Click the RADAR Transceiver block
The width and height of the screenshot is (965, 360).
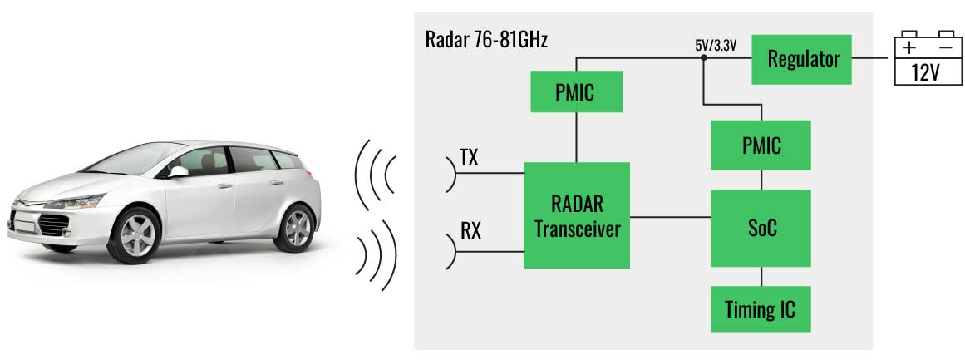tap(576, 215)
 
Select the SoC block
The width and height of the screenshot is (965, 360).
tap(761, 227)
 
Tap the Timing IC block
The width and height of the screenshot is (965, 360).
tap(761, 310)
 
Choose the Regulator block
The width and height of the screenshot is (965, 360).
tap(802, 59)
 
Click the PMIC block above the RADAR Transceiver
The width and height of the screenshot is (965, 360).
tap(576, 91)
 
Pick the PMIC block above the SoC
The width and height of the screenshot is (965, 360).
tap(761, 145)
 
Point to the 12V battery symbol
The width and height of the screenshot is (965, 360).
tap(925, 60)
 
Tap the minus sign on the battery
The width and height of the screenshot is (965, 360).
tap(944, 47)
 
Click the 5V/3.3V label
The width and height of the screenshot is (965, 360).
tap(716, 46)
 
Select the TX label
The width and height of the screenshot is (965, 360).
tap(469, 158)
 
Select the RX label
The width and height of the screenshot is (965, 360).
tap(470, 230)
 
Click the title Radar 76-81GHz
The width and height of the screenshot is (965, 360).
tap(486, 39)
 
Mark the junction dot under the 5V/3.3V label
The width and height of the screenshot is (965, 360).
tap(703, 58)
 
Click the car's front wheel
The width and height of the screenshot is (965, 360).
tap(135, 234)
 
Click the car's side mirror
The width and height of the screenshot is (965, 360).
tap(177, 170)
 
